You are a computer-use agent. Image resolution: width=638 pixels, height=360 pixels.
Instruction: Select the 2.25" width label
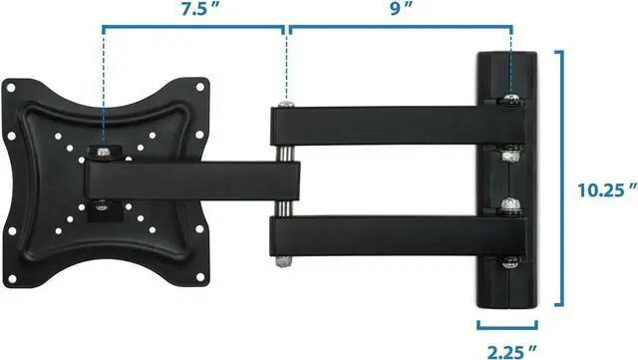(x=510, y=348)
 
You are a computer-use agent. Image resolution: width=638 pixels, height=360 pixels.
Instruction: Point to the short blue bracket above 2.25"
(x=510, y=324)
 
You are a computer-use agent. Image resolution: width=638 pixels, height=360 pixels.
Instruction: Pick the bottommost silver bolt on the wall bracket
(x=512, y=261)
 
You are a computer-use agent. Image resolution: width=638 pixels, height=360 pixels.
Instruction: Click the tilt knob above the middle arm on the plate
(x=104, y=153)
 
